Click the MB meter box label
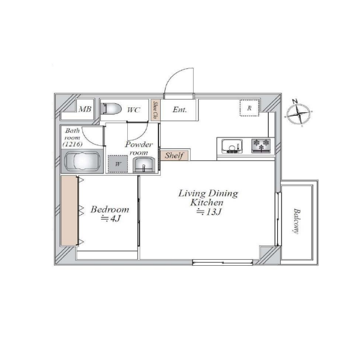(85, 109)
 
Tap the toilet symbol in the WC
(112, 109)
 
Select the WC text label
(134, 110)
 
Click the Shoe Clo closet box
(155, 110)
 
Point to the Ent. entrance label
(179, 110)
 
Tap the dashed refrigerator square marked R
(250, 108)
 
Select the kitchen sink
(232, 146)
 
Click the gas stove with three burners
(261, 146)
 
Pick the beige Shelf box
(175, 155)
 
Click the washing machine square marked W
(118, 164)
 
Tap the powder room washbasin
(144, 164)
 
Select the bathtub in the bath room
(82, 161)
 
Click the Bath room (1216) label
(72, 137)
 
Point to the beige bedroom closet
(69, 211)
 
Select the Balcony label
(297, 221)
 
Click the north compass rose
(298, 113)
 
